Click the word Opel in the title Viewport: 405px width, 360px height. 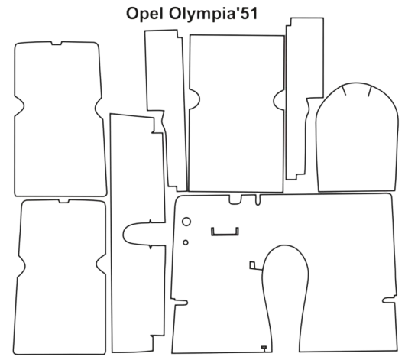click(144, 14)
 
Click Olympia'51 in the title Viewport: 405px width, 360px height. click(213, 14)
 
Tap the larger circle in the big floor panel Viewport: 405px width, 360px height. click(186, 222)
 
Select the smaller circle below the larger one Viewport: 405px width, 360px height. click(186, 242)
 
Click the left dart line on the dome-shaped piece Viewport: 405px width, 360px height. click(344, 90)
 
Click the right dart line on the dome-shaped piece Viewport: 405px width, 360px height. click(369, 92)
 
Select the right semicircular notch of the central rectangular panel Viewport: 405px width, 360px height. click(278, 100)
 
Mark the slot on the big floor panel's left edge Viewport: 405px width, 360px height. click(181, 302)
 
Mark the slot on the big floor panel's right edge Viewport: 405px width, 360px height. click(389, 300)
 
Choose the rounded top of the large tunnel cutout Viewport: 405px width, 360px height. click(284, 245)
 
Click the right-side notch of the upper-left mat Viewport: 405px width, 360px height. click(99, 109)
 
